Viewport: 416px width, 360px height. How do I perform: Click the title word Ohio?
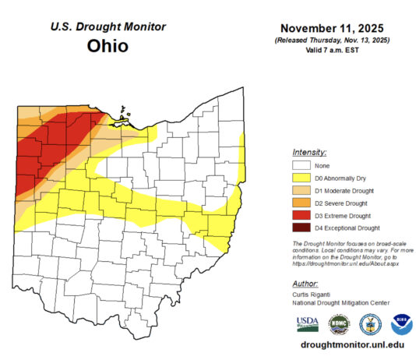click(108, 46)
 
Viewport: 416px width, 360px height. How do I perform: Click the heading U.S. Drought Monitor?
click(108, 26)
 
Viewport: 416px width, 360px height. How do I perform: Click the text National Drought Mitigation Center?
click(339, 304)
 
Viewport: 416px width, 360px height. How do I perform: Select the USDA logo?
click(307, 323)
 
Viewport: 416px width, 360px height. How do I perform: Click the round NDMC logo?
click(339, 323)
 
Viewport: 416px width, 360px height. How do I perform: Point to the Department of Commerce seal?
click(370, 323)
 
